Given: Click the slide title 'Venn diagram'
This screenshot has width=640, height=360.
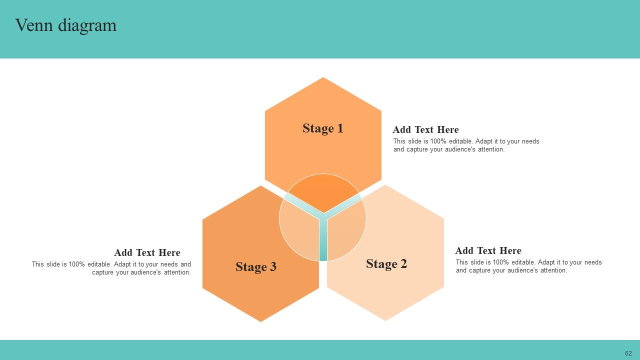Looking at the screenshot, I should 65,25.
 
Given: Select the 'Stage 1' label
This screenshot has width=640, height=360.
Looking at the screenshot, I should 323,128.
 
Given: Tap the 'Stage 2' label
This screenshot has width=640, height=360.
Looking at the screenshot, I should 386,264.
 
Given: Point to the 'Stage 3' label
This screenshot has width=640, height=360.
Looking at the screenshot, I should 256,267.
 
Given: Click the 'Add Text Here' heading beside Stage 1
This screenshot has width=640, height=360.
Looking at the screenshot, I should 425,130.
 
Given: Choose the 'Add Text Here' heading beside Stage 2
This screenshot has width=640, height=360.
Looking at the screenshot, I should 488,251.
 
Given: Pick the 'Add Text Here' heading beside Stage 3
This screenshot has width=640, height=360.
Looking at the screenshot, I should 147,253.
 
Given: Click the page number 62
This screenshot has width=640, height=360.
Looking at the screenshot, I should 628,353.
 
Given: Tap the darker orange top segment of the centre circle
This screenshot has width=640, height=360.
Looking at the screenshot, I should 323,190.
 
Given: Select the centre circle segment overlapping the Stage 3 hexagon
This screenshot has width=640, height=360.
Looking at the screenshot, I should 299,230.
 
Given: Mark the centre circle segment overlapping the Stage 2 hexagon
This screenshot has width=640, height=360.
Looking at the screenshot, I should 346,230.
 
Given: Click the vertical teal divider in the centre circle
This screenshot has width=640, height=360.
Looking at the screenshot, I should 323,240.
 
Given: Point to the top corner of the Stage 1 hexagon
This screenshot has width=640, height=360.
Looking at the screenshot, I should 323,78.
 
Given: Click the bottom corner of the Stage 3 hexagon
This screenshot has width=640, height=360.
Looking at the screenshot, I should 260,321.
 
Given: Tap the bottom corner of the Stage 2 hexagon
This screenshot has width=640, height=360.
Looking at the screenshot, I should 385,320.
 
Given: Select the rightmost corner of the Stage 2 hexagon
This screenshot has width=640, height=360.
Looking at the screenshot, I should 443,252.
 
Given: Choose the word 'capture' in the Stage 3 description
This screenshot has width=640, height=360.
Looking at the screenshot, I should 103,272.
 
